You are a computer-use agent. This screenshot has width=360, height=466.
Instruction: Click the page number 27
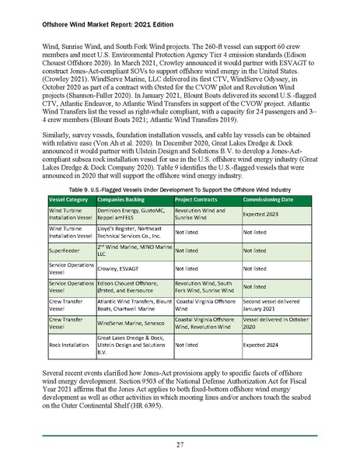[x=180, y=445]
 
